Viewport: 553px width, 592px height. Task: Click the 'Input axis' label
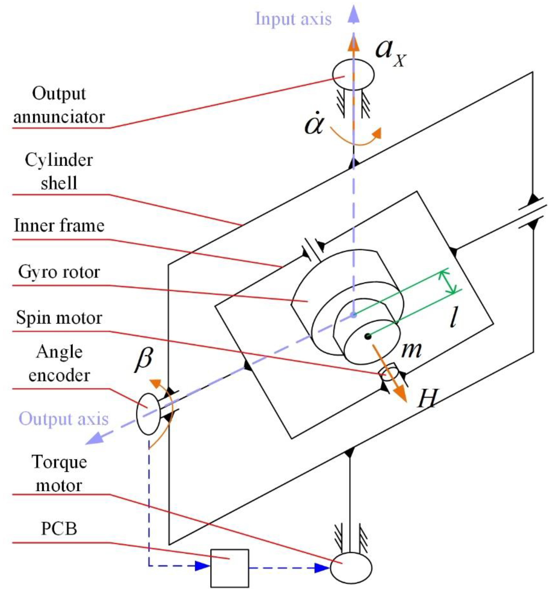tap(293, 19)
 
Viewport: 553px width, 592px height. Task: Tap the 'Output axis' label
tap(63, 419)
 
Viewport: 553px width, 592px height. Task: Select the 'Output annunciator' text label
tap(59, 105)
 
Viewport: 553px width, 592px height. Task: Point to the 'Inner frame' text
tap(59, 226)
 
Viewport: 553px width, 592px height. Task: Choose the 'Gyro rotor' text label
tap(59, 272)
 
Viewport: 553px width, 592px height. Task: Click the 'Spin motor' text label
tap(59, 318)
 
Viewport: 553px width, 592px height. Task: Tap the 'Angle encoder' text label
tap(59, 364)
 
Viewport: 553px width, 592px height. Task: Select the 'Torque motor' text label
tap(59, 474)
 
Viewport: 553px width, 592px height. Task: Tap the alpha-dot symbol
tap(314, 124)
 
